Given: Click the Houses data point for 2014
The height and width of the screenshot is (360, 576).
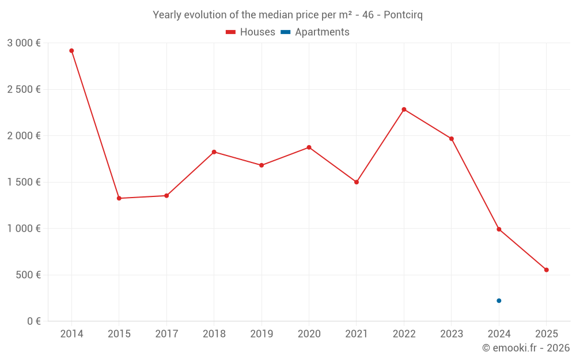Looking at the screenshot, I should (x=71, y=51).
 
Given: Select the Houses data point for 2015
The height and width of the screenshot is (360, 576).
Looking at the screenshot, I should (x=119, y=198).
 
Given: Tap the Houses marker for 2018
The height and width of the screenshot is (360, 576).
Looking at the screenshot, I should (x=214, y=152).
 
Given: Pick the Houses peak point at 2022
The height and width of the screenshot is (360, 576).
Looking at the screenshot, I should (x=404, y=109).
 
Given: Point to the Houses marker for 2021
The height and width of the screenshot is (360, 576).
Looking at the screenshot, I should (x=357, y=182).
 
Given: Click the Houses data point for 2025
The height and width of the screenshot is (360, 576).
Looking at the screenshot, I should (x=547, y=270).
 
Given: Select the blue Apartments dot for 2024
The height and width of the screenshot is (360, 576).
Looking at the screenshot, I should (x=499, y=301).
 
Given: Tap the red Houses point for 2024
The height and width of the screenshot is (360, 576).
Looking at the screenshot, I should (x=499, y=229).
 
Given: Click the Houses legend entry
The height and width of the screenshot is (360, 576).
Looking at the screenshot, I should (x=251, y=32).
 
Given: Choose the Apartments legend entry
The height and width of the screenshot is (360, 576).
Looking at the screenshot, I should (x=315, y=32).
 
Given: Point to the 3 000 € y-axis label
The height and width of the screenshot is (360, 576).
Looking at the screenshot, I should (x=24, y=43).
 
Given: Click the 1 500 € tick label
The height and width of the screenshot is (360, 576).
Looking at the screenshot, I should (x=24, y=182).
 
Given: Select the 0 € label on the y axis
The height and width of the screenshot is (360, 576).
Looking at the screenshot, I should (x=32, y=321).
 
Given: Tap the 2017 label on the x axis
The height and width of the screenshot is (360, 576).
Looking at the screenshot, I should (x=166, y=334).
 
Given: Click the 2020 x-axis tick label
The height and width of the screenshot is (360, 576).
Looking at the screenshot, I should (x=309, y=334).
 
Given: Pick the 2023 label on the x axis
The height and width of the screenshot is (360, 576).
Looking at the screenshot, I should (x=452, y=334).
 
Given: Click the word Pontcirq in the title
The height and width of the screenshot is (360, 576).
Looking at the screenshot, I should (x=403, y=15).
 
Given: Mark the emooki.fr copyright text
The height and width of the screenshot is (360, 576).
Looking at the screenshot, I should (x=525, y=348).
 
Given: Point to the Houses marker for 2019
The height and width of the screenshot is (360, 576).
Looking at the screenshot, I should (x=262, y=165).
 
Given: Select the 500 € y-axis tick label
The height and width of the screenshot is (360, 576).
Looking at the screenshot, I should (x=28, y=275).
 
